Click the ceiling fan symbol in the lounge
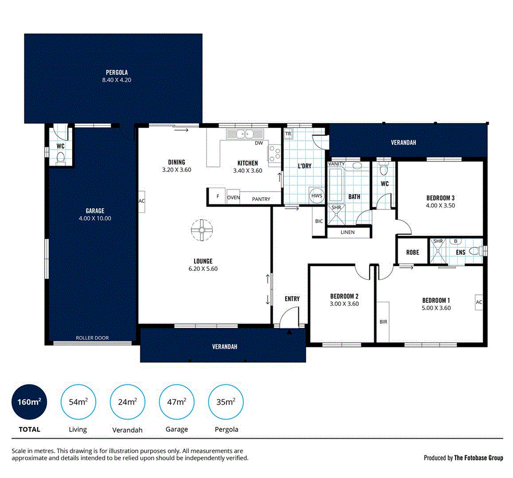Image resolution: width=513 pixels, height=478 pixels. [x=201, y=229]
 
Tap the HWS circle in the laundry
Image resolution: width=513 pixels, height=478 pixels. [x=317, y=195]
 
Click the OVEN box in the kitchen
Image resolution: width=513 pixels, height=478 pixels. [x=233, y=198]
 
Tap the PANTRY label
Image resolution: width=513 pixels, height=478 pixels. [x=261, y=199]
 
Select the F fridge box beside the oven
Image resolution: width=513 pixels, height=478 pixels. [x=217, y=197]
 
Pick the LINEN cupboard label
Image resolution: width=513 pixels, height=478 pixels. [x=348, y=232]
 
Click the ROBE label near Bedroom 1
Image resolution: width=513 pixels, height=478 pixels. [x=413, y=253]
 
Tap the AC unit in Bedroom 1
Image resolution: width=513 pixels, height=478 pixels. [x=478, y=302]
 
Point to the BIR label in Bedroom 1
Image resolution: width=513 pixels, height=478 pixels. [x=383, y=322]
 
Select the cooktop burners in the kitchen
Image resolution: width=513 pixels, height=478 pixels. [x=275, y=153]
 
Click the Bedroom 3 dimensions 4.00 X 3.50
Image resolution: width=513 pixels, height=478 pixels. [x=440, y=205]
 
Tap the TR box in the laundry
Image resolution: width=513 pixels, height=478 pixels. [x=289, y=134]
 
